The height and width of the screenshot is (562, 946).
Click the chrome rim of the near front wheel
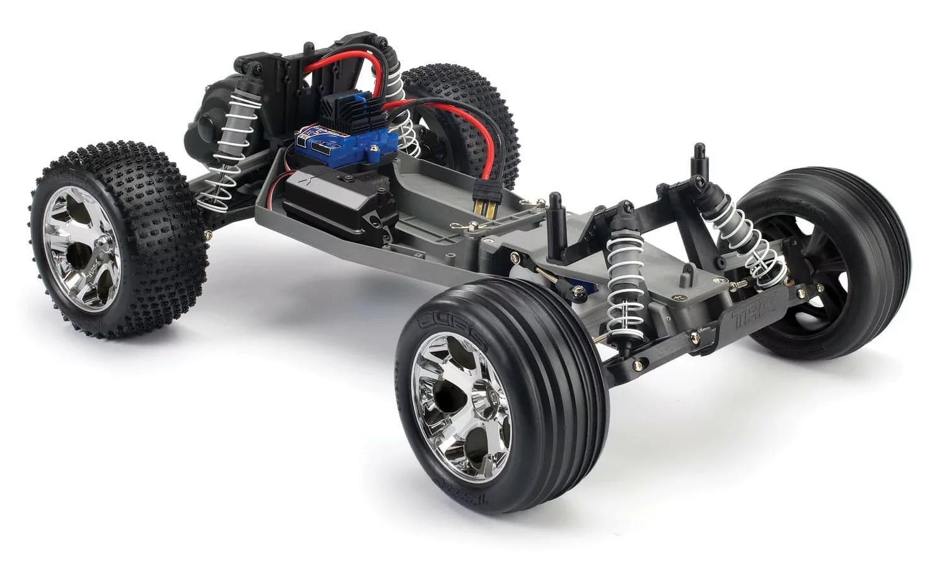[x=461, y=397]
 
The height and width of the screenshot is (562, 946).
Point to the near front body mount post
[x=556, y=221]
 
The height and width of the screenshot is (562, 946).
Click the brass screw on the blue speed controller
[x=375, y=149]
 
